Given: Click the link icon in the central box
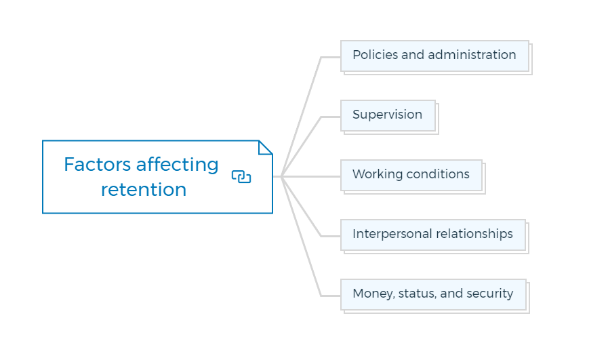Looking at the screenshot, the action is click(x=241, y=176).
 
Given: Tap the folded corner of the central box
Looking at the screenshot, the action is click(x=265, y=147).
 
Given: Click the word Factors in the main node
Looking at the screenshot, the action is click(x=98, y=165).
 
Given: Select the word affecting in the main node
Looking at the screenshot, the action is click(x=177, y=165).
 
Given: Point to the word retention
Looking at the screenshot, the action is click(x=144, y=190).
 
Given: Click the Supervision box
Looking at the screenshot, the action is click(x=388, y=116).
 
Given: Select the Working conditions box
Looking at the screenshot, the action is click(x=411, y=176).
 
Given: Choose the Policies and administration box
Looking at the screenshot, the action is click(x=434, y=56).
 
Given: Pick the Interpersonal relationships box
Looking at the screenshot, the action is click(x=433, y=235).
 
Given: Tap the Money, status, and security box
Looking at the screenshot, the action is click(x=434, y=295).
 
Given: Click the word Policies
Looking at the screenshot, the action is click(x=376, y=55).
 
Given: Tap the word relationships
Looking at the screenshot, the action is click(x=474, y=235).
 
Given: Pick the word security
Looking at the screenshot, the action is click(x=490, y=294).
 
